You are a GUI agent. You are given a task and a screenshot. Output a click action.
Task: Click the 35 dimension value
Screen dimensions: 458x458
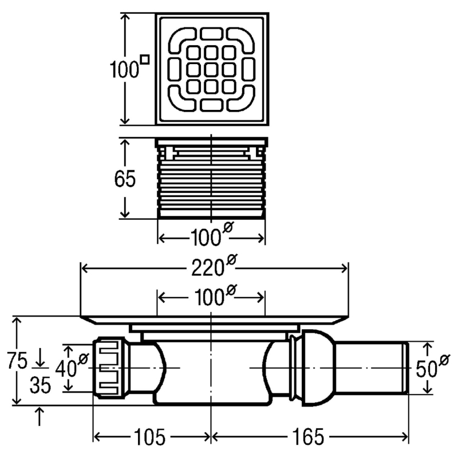(x=40, y=386)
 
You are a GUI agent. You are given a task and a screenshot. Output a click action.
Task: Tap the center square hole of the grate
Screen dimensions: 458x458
(x=212, y=70)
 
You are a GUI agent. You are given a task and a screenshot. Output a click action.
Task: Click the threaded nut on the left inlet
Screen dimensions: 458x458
(x=111, y=368)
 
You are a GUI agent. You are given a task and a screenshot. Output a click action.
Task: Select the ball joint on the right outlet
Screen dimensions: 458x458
(x=313, y=368)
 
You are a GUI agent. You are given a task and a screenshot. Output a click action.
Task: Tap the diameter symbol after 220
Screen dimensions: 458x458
(x=231, y=261)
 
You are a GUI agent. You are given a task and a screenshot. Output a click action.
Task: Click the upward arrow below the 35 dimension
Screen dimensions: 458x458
(x=40, y=414)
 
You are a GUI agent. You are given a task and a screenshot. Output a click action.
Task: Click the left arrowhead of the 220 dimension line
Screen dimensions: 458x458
(x=84, y=267)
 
